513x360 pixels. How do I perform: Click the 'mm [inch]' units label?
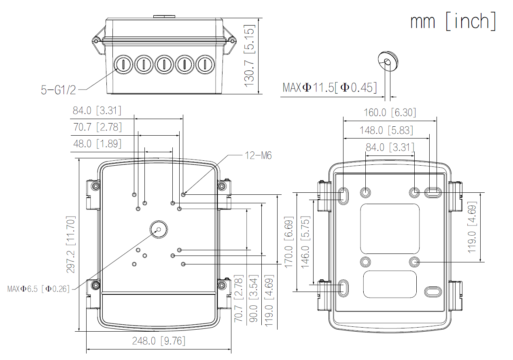(x=453, y=21)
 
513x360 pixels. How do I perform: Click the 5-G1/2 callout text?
(x=58, y=90)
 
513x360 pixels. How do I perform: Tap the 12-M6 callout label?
(x=258, y=155)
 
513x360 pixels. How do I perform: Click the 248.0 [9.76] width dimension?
(x=159, y=341)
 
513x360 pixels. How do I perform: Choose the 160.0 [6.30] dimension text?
(x=390, y=112)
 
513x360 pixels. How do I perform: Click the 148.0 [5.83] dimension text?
(x=387, y=130)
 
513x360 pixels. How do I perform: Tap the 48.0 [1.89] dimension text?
(x=97, y=143)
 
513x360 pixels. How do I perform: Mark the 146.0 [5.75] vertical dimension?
(x=305, y=242)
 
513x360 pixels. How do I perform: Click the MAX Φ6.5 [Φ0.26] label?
(x=38, y=289)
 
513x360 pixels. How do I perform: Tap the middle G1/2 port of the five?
(x=164, y=64)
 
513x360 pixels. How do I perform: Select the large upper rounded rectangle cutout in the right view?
(x=389, y=229)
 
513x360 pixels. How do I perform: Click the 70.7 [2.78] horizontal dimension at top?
(x=97, y=127)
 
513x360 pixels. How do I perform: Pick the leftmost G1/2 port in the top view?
(x=123, y=64)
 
